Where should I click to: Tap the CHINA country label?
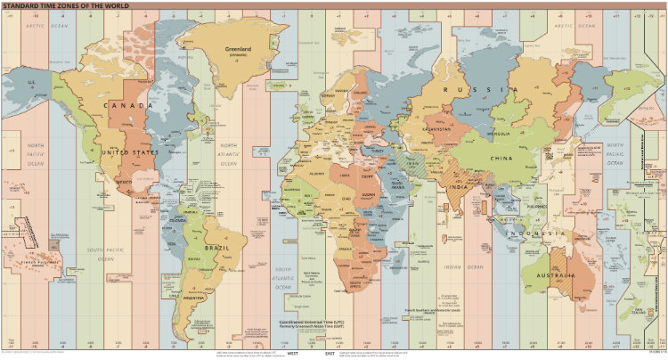[502, 157]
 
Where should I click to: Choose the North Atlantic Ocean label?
[229, 153]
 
